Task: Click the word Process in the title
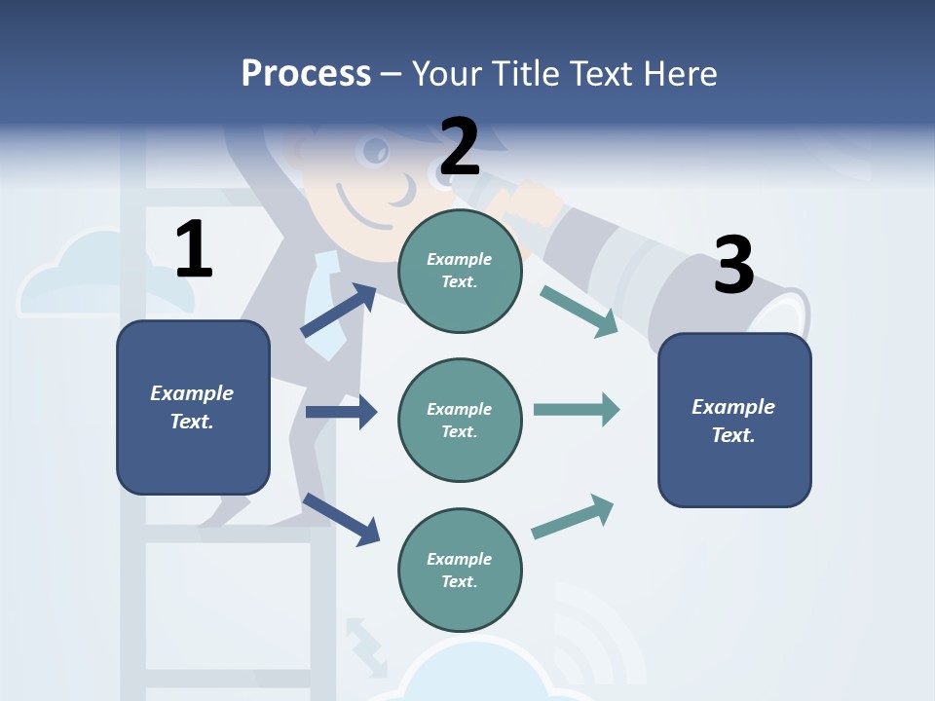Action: pos(306,73)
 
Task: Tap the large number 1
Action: pos(194,249)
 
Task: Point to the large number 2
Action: pos(460,147)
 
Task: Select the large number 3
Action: pos(733,266)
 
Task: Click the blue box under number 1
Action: pos(193,407)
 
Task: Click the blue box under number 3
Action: pos(734,420)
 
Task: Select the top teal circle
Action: pos(460,271)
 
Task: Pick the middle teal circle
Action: pos(460,420)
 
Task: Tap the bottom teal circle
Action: pos(460,570)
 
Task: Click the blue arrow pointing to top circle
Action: pos(339,311)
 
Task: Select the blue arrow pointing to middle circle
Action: pos(341,412)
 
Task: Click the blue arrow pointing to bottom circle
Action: pos(341,519)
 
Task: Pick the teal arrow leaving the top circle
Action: pos(580,312)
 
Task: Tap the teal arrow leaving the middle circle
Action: pos(577,409)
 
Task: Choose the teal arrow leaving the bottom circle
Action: pos(573,517)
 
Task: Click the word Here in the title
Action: pos(680,73)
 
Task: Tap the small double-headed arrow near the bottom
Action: pos(366,645)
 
